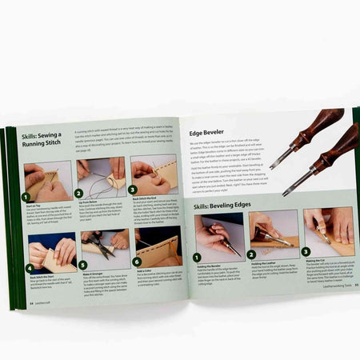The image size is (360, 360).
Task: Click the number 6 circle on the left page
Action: [136, 262]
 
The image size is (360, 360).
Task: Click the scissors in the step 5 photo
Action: [98, 244]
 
